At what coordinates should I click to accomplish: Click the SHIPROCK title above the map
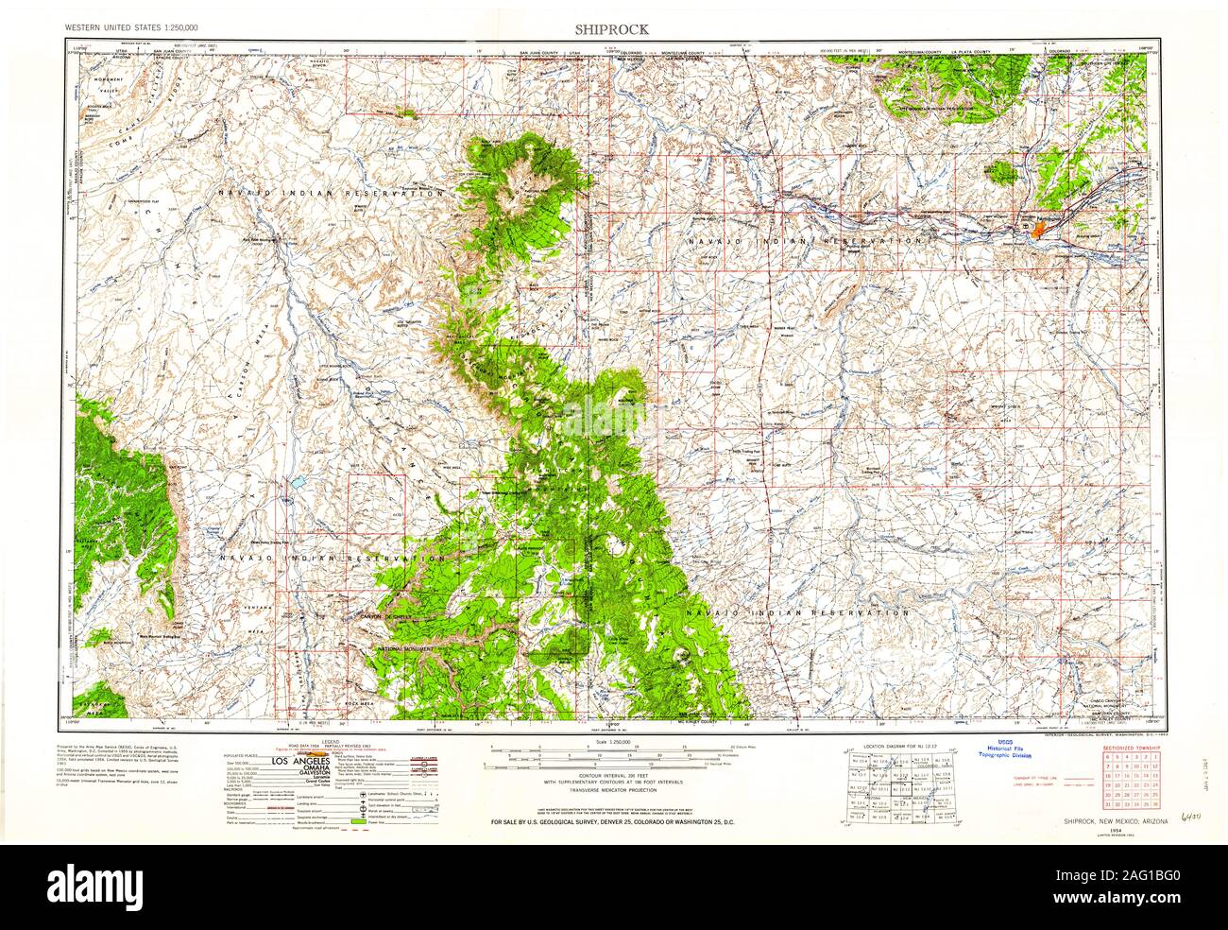tap(613, 29)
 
